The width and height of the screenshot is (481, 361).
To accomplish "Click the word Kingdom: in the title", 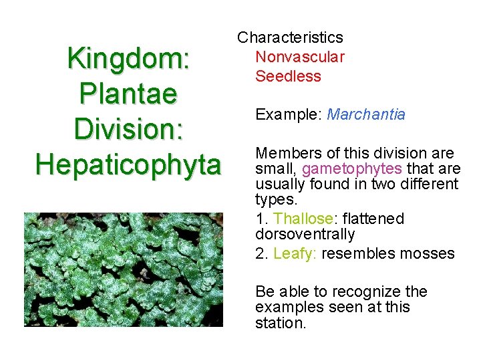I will click(129, 58).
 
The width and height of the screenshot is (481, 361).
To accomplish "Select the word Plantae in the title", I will click(128, 93).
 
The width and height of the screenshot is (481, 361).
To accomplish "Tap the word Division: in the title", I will click(129, 128).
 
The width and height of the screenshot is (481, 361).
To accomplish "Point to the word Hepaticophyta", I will click(128, 164).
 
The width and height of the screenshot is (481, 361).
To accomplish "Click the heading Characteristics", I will click(290, 37).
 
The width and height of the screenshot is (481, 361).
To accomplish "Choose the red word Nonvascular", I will click(300, 57).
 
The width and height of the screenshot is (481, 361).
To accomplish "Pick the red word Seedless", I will click(288, 76).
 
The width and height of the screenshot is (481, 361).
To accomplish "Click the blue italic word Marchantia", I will click(366, 114).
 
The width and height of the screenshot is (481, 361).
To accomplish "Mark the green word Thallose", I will click(303, 219).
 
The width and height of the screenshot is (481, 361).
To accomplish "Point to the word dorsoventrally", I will click(305, 235).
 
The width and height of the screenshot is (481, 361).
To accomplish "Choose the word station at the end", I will click(279, 324).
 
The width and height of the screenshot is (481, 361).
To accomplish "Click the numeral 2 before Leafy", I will click(259, 253).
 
